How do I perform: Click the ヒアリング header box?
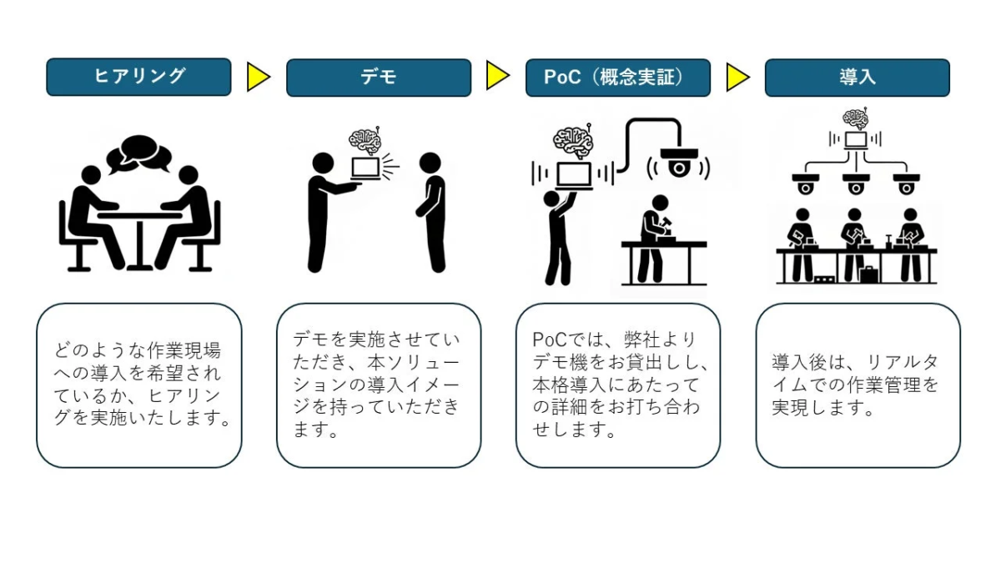(x=138, y=77)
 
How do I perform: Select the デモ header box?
(x=379, y=78)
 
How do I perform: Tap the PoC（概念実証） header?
(x=618, y=78)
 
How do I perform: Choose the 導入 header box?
(x=858, y=78)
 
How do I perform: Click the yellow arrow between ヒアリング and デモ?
(x=259, y=78)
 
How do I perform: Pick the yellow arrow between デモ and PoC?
(x=498, y=76)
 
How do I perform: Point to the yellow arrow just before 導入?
(x=737, y=78)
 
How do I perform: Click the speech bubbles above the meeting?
(x=139, y=153)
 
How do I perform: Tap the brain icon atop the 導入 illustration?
(x=855, y=117)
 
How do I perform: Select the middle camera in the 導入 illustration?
(x=856, y=183)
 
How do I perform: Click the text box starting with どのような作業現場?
(x=139, y=385)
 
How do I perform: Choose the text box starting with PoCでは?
(x=618, y=385)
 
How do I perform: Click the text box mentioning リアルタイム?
(x=858, y=385)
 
